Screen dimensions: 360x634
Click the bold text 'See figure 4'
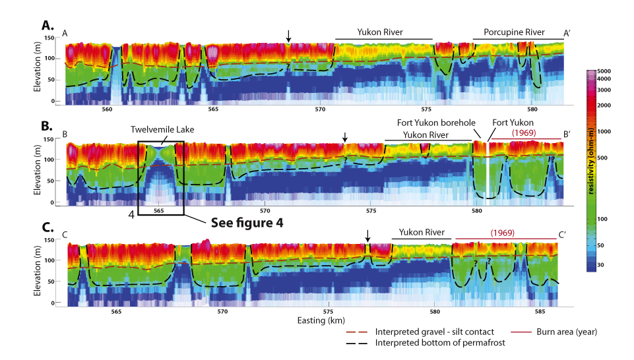[247, 222]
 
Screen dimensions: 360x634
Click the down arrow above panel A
[288, 35]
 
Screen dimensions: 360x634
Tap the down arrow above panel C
[367, 235]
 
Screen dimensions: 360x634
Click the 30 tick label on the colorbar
[601, 264]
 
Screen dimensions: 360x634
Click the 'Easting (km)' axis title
[316, 320]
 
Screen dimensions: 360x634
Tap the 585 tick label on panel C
[540, 311]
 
